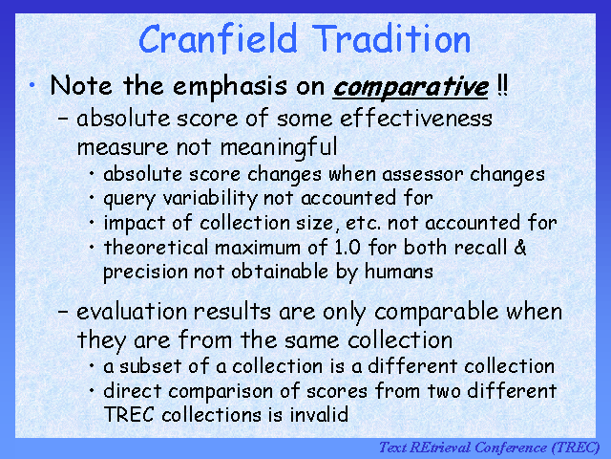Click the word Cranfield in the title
click(x=218, y=38)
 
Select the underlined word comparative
click(x=411, y=87)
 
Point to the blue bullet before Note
click(x=32, y=85)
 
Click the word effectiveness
click(x=416, y=118)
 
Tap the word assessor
click(x=423, y=175)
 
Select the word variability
click(x=210, y=199)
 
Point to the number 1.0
click(x=348, y=248)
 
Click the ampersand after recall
click(x=519, y=248)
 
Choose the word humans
click(x=399, y=272)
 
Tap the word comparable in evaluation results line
click(x=436, y=313)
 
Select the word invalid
click(x=319, y=414)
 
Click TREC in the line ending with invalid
click(x=129, y=414)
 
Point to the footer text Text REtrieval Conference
click(x=463, y=448)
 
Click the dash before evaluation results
click(x=63, y=312)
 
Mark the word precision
click(x=145, y=272)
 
